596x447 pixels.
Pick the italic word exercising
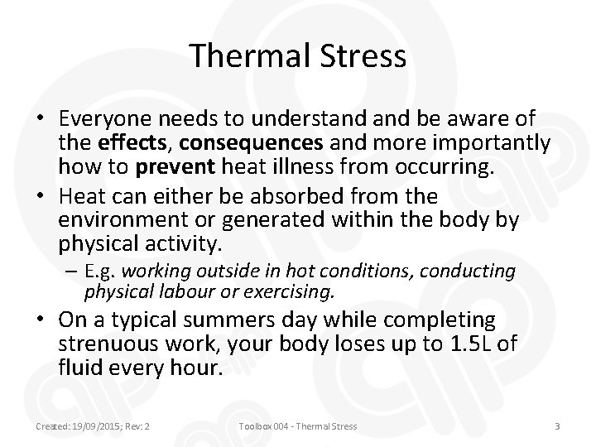[x=298, y=291]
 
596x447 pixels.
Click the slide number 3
[x=558, y=426]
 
